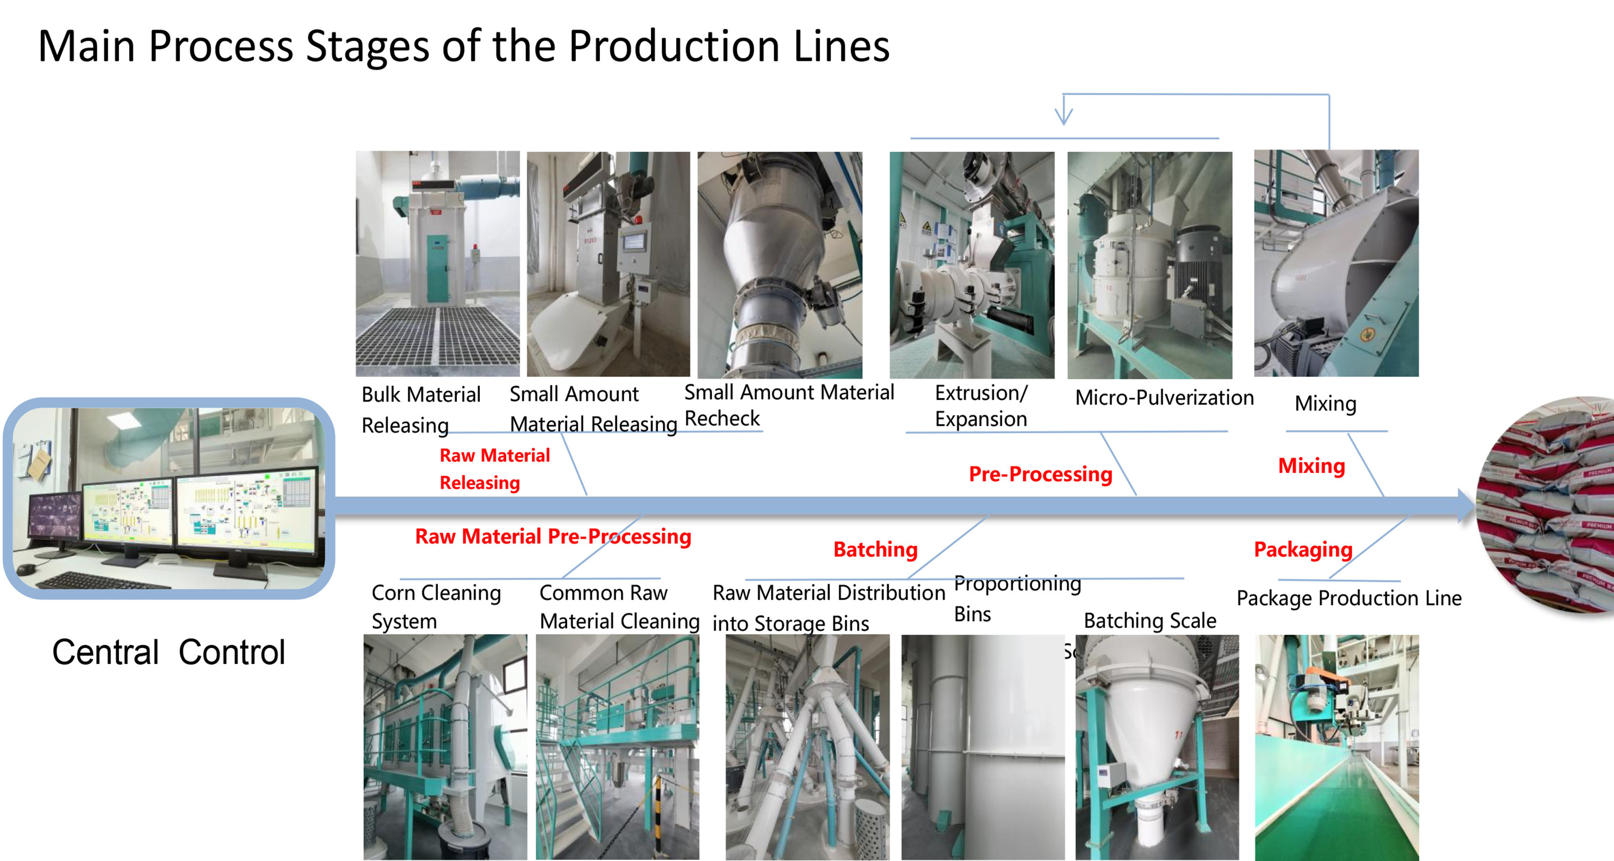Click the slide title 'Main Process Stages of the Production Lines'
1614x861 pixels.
tap(464, 46)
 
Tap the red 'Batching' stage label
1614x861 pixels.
tap(875, 549)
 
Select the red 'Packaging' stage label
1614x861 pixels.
tap(1302, 549)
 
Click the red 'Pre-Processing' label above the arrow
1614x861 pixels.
tap(1040, 475)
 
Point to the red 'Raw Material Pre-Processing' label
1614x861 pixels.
tap(553, 537)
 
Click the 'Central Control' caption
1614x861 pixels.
tap(168, 652)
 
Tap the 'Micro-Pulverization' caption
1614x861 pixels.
tap(1164, 397)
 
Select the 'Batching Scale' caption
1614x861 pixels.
tap(1150, 620)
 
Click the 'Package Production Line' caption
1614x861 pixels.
tap(1348, 598)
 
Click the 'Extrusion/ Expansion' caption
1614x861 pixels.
tap(981, 405)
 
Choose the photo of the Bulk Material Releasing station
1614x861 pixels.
tap(437, 263)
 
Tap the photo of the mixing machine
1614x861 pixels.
tap(1336, 263)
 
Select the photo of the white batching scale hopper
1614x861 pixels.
tap(1157, 747)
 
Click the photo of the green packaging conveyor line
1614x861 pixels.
tap(1336, 747)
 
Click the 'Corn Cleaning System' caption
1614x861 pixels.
tap(436, 606)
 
